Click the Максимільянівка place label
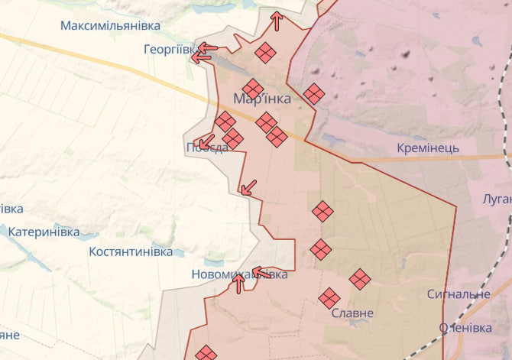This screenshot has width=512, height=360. (110, 26)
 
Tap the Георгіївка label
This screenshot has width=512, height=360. (170, 49)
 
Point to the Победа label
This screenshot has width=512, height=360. (206, 148)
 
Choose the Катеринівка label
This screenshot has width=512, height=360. (44, 231)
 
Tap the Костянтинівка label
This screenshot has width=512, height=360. (131, 251)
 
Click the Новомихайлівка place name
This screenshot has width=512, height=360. (239, 274)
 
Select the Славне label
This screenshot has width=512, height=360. (352, 313)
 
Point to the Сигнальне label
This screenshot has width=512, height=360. (459, 294)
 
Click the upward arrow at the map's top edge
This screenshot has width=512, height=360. (277, 21)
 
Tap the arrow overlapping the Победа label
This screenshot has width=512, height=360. (205, 141)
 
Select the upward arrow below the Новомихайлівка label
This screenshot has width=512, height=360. (238, 284)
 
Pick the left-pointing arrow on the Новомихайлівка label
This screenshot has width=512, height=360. (261, 272)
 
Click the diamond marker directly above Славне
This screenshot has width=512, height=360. (329, 298)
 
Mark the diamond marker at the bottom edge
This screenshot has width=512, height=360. (206, 354)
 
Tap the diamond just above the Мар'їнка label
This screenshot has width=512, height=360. (253, 89)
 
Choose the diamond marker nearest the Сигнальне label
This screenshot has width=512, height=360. (360, 279)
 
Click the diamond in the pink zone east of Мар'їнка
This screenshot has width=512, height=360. (313, 94)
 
